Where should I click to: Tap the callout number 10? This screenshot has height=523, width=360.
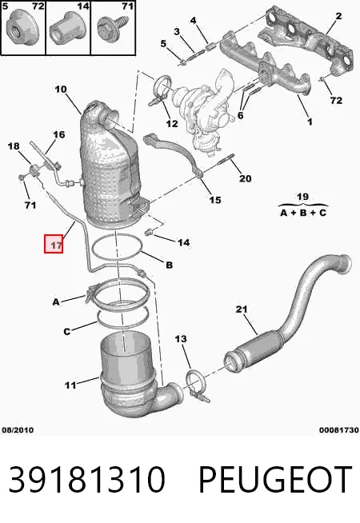(x=61, y=90)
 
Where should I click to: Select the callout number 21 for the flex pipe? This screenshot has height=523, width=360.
(x=242, y=309)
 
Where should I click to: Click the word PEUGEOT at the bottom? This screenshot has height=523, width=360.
(x=275, y=479)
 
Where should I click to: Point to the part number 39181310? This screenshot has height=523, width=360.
(x=86, y=479)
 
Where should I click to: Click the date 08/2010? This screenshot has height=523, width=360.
(x=18, y=430)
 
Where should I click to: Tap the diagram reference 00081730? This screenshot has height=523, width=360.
(x=338, y=430)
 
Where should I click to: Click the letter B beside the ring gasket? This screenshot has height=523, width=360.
(x=170, y=265)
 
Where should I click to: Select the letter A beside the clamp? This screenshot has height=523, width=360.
(x=56, y=301)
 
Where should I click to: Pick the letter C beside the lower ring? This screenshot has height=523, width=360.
(x=67, y=331)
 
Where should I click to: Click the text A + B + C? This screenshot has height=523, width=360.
(x=303, y=213)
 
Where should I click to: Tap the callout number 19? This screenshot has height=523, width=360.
(x=302, y=197)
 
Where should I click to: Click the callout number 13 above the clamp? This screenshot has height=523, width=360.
(x=181, y=339)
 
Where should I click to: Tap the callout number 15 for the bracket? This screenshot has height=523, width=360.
(x=215, y=200)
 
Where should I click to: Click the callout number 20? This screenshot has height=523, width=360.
(x=246, y=178)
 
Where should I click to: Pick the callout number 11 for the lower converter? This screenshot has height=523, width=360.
(x=70, y=385)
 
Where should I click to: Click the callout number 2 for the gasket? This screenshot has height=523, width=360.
(x=338, y=16)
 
